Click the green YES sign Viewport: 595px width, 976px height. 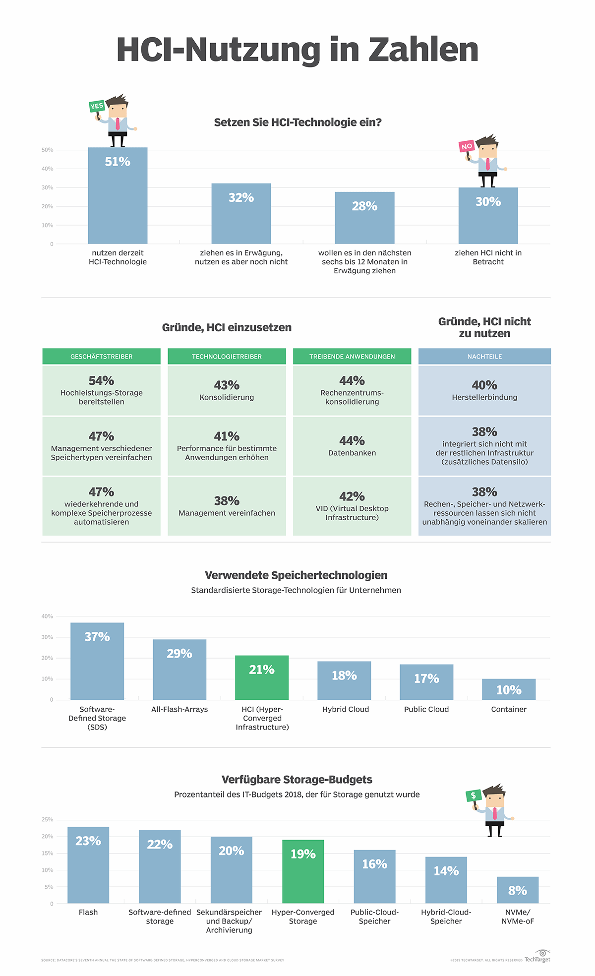97,106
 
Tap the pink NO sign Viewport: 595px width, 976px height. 467,146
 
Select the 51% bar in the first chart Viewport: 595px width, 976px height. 118,196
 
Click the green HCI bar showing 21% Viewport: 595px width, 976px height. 262,677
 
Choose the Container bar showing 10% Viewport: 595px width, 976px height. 509,689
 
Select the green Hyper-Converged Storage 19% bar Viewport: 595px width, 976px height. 303,871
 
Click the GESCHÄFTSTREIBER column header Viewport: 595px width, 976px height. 102,357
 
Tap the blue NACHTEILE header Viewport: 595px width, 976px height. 484,357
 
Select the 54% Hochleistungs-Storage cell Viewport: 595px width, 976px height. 102,390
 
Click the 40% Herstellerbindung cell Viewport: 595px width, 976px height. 484,390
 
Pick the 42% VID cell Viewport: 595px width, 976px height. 352,506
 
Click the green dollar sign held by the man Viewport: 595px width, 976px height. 474,795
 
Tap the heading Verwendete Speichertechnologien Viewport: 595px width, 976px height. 296,575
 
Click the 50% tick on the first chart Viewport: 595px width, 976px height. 48,150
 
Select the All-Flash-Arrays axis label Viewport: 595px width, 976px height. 179,709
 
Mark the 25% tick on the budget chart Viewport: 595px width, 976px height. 48,820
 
